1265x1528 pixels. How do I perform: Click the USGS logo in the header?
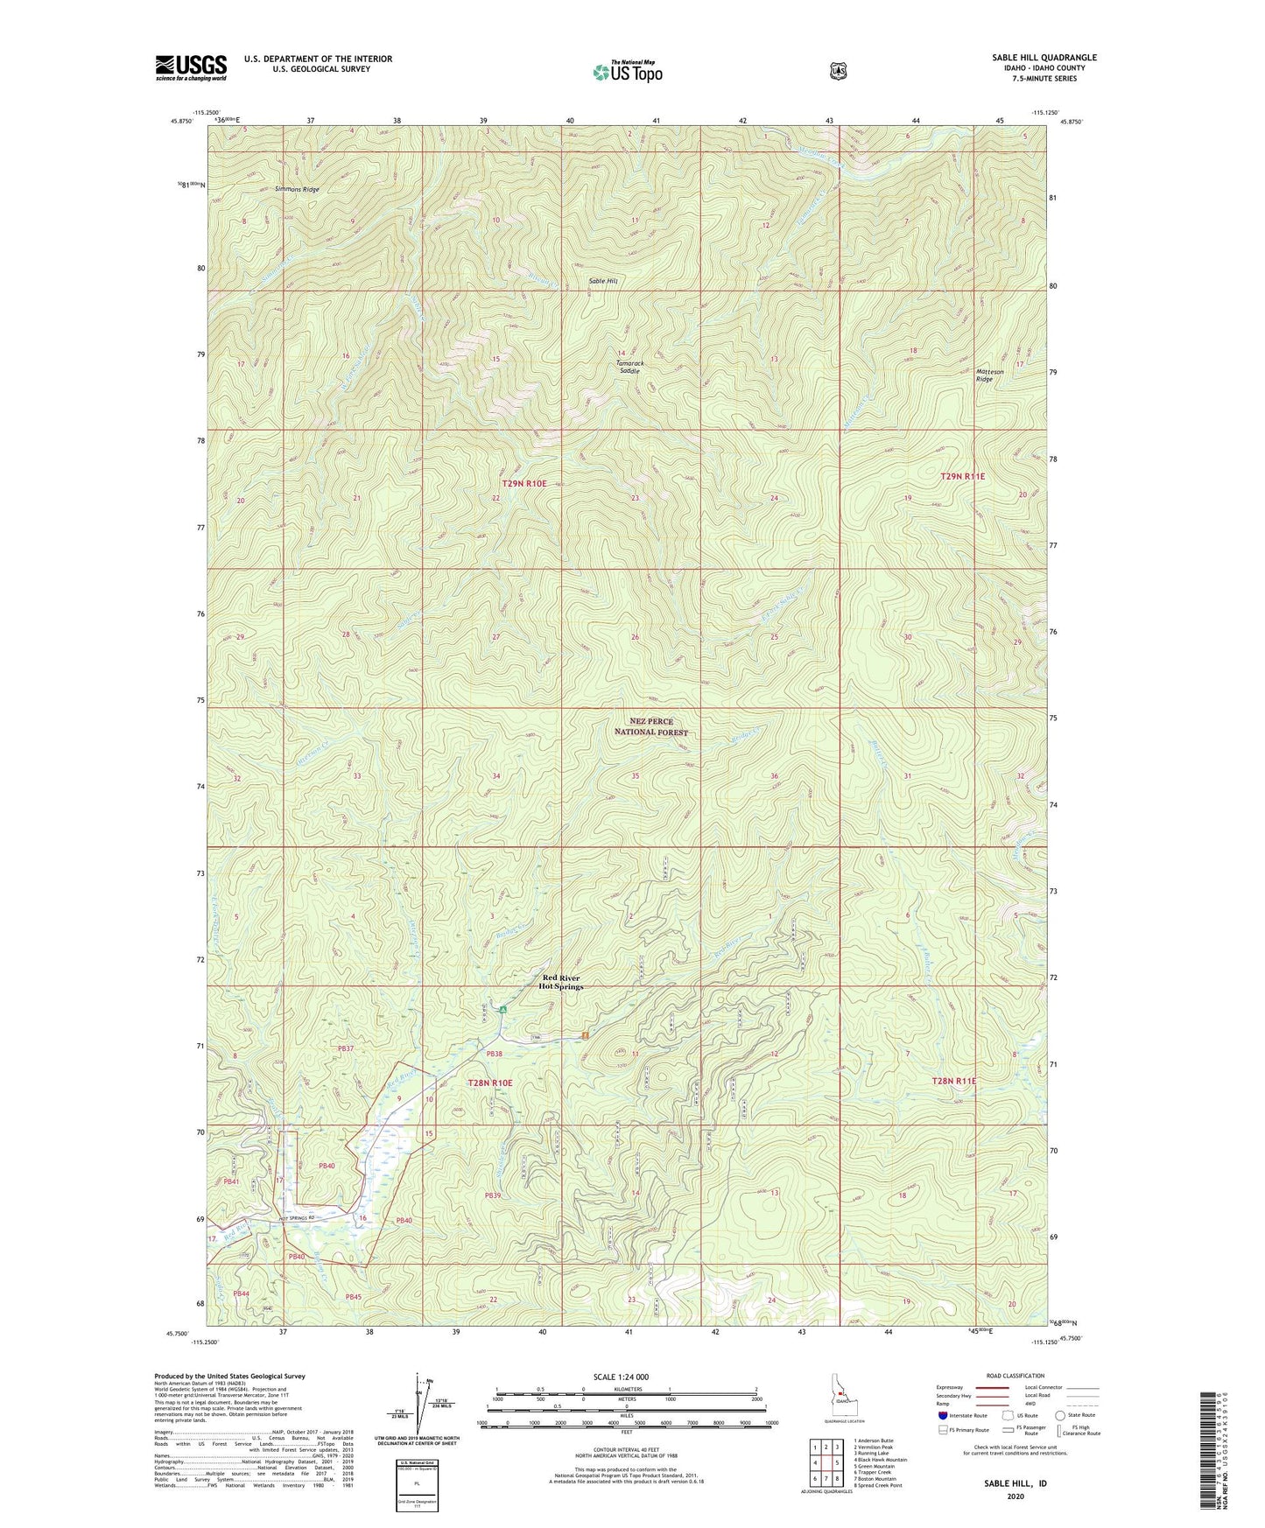pyautogui.click(x=191, y=67)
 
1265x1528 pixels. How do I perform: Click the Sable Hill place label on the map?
pyautogui.click(x=602, y=281)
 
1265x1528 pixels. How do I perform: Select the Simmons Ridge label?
pyautogui.click(x=297, y=189)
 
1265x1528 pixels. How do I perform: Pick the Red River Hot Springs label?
pyautogui.click(x=561, y=982)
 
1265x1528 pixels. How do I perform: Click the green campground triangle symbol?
pyautogui.click(x=503, y=1009)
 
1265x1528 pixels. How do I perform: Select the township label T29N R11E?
pyautogui.click(x=962, y=476)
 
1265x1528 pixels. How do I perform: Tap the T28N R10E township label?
pyautogui.click(x=490, y=1083)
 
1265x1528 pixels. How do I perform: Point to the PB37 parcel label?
pyautogui.click(x=346, y=1048)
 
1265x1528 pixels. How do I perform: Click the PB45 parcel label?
pyautogui.click(x=353, y=1297)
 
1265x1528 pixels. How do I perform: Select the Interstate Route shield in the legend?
pyautogui.click(x=942, y=1415)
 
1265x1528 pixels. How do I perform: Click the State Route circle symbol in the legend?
pyautogui.click(x=1060, y=1415)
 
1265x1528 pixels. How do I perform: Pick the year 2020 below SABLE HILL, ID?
pyautogui.click(x=1016, y=1496)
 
